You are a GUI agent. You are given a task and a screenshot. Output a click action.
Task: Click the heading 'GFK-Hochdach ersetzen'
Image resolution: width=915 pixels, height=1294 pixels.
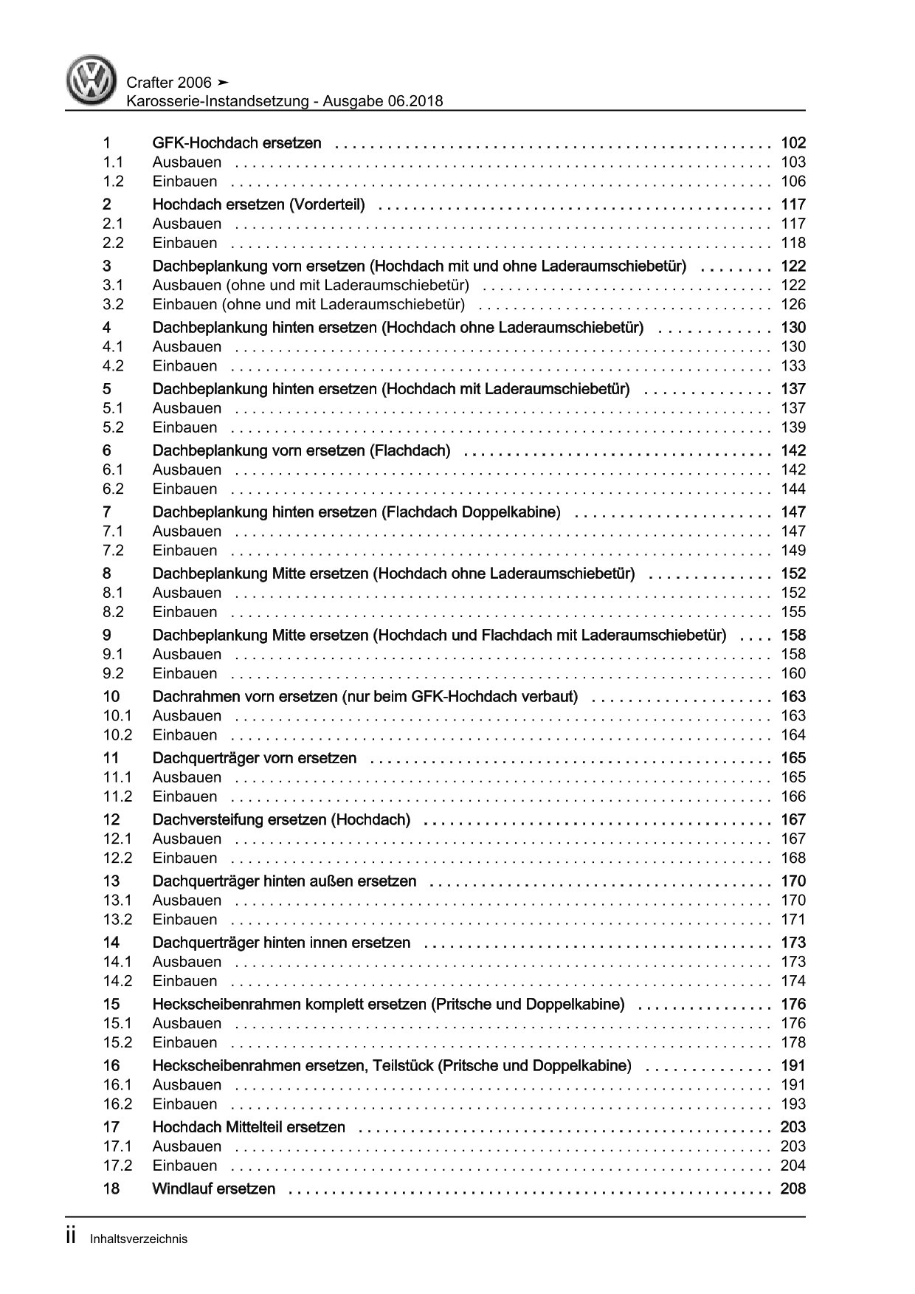point(236,143)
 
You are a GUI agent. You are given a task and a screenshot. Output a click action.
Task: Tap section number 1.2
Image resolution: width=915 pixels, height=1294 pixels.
point(113,182)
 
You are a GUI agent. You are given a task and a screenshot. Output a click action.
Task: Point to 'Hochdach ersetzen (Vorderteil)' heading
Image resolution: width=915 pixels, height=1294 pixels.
point(258,204)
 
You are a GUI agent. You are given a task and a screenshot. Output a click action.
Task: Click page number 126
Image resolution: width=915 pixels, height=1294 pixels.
point(793,304)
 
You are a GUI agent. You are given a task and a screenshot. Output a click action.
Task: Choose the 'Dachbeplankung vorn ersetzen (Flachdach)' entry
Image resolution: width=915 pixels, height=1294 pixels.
point(301,450)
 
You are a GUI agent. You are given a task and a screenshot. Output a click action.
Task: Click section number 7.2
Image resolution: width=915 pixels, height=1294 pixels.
point(113,551)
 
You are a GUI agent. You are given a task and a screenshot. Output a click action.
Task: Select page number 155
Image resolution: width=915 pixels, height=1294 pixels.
point(793,612)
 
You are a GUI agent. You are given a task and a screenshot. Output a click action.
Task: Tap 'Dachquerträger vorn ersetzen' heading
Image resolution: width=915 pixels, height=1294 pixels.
point(254,758)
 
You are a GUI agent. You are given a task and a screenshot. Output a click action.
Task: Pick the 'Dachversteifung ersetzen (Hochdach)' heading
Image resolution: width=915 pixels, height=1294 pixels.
point(281,819)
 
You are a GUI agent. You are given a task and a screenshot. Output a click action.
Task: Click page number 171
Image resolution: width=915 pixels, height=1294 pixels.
point(793,920)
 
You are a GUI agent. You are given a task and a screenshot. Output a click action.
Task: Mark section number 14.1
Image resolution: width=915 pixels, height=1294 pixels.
point(117,962)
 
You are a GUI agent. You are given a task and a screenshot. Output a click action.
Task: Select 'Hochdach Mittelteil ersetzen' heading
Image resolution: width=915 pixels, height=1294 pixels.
point(249,1127)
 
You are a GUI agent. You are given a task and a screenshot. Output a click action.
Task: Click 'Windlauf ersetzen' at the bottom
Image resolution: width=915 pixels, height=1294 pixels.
point(213,1188)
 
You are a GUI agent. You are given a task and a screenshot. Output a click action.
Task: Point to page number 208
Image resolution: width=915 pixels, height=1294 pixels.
point(793,1188)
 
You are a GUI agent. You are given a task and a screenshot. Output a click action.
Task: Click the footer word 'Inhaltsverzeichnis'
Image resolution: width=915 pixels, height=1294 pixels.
point(139,1239)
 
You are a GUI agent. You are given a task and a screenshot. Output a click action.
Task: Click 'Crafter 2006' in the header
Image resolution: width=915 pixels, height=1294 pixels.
point(169,83)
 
